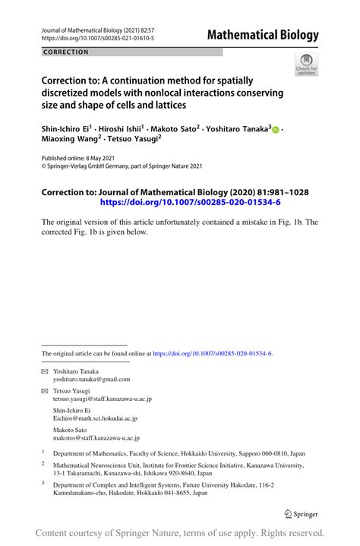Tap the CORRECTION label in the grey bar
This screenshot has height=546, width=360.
[66, 52]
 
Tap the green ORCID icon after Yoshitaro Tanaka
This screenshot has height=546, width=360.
[276, 131]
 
